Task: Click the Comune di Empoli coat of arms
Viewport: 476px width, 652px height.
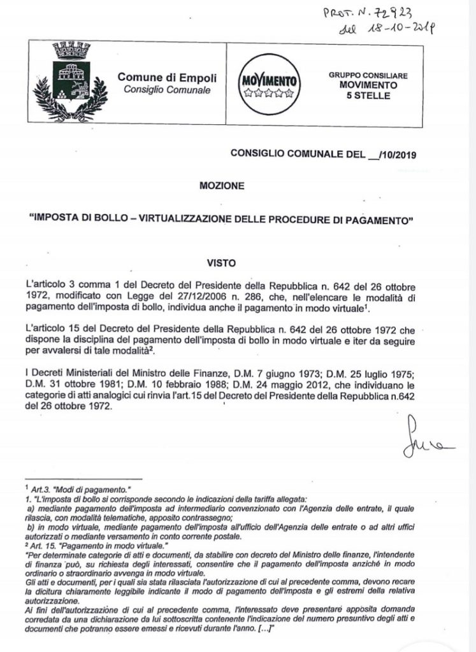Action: click(x=72, y=81)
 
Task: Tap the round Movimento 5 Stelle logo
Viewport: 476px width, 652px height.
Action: click(x=268, y=84)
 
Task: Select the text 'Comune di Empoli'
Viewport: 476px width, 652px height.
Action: click(x=167, y=78)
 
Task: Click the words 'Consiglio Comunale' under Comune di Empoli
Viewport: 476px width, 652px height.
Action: click(x=166, y=90)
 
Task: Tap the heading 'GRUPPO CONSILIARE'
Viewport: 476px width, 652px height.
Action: click(x=372, y=74)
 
